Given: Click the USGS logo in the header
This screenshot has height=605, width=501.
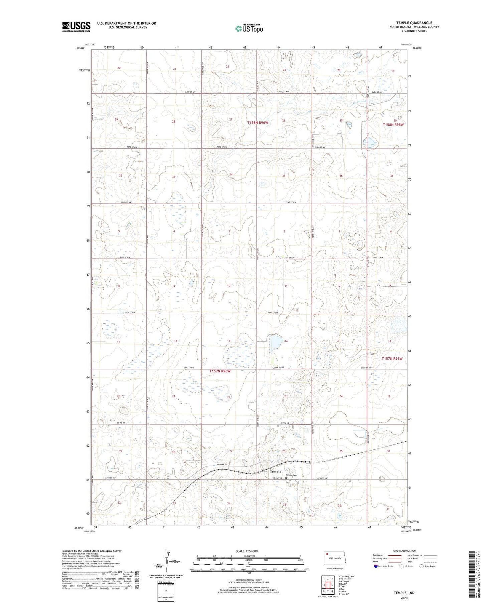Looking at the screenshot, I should pyautogui.click(x=76, y=27).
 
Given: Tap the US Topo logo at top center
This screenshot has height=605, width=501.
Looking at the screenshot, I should pyautogui.click(x=249, y=29).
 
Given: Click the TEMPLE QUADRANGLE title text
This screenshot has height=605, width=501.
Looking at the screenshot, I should pyautogui.click(x=414, y=23).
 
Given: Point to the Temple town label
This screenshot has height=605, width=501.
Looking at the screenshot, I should pyautogui.click(x=276, y=472).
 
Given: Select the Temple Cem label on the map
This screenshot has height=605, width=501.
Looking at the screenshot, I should pyautogui.click(x=291, y=475).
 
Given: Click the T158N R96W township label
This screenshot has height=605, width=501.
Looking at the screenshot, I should pyautogui.click(x=258, y=123).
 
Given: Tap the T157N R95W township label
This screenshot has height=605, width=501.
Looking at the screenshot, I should pyautogui.click(x=392, y=358).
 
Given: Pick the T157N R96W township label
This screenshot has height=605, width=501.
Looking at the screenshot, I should pyautogui.click(x=220, y=371).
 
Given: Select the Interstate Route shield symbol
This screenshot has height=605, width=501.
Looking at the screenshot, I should pyautogui.click(x=375, y=566).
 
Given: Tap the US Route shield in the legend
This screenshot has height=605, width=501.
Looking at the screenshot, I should pyautogui.click(x=401, y=566).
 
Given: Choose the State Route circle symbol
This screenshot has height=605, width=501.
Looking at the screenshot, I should pyautogui.click(x=422, y=566).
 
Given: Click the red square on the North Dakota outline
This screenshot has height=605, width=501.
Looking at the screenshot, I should pyautogui.click(x=327, y=555).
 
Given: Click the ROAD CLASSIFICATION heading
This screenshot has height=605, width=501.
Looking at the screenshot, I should pyautogui.click(x=404, y=551).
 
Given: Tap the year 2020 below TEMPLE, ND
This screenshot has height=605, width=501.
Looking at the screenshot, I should pyautogui.click(x=403, y=598).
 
